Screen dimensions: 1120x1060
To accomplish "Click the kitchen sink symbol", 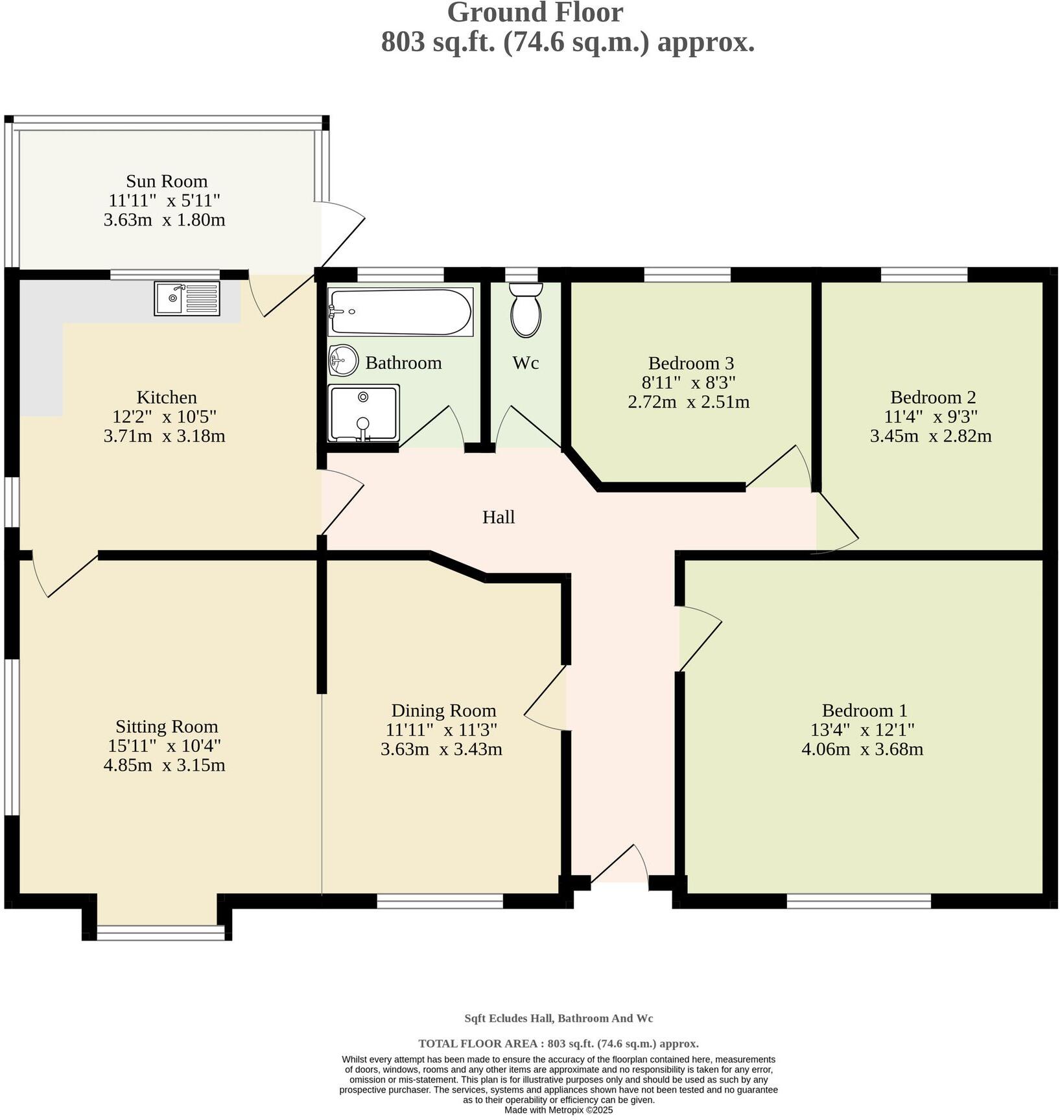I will (x=187, y=298).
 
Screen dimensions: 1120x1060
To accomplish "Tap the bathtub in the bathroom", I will (x=400, y=312).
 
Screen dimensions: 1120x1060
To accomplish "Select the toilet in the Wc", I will (x=526, y=309).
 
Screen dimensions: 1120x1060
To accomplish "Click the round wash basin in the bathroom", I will (x=344, y=360).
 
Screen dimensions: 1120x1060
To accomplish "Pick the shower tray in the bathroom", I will (x=363, y=413).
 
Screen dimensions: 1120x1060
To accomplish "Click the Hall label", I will (x=499, y=517).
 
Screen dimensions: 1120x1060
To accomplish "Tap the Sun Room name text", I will (x=167, y=181).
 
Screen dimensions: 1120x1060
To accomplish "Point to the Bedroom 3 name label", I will (x=690, y=363).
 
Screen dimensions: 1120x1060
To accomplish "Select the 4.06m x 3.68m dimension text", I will (x=862, y=750).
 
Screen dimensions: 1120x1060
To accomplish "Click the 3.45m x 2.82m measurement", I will (x=930, y=436).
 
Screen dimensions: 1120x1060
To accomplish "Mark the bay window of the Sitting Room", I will (x=160, y=932).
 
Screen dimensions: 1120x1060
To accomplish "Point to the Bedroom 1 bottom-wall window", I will (x=858, y=900).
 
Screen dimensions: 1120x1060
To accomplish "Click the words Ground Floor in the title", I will (x=535, y=13).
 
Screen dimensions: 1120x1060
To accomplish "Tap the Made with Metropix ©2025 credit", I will (x=558, y=1110).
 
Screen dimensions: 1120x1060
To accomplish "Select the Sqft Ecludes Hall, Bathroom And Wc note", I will (x=558, y=1018).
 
